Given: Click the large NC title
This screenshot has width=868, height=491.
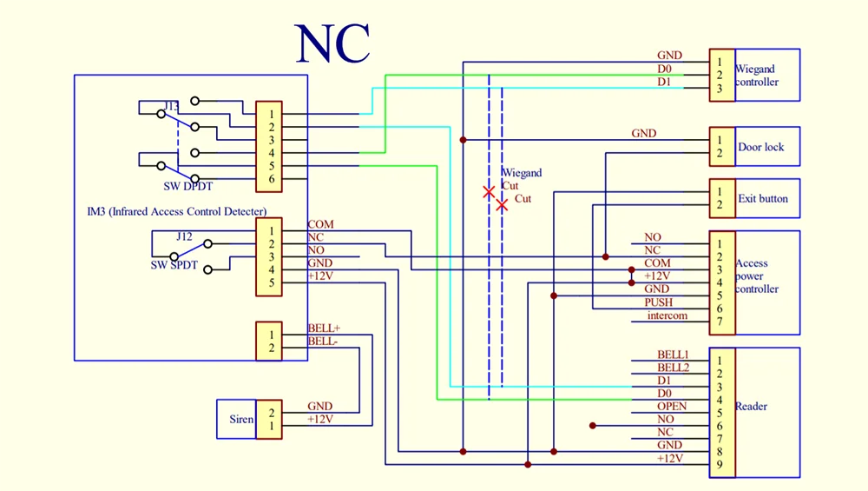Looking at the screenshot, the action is point(332,43).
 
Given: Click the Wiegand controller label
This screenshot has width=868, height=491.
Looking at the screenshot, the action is point(757,76).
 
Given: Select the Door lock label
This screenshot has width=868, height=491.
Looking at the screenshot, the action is point(760,147).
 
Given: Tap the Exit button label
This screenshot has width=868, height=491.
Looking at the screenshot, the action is point(763,198).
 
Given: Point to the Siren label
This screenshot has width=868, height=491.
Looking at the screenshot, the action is point(241,419).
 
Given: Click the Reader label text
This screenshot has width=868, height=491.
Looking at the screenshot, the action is point(751,406).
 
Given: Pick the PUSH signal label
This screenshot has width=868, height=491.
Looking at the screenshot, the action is point(658,302).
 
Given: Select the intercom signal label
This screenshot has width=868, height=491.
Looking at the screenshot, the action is point(667,315).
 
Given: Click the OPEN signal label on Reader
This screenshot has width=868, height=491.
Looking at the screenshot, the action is point(672,406).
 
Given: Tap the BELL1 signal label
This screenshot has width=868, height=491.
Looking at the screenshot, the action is point(673,354).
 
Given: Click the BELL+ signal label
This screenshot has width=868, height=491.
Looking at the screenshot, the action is point(324,328).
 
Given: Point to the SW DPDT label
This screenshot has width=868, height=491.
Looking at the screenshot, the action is point(187,186).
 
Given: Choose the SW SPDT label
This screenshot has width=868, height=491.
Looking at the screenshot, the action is point(174,265).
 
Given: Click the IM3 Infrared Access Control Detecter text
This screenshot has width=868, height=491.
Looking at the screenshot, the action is point(176,211).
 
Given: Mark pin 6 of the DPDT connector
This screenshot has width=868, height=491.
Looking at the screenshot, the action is point(271,179).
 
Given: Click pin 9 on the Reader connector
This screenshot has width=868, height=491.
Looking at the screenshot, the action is point(719,465).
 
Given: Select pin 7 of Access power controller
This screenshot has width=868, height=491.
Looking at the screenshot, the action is point(719,322).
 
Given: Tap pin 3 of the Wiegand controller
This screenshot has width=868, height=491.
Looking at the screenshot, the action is point(719,88).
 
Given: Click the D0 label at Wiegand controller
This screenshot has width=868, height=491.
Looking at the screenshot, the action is point(664,69).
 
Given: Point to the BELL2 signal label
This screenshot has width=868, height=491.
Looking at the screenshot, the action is point(674,368).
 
